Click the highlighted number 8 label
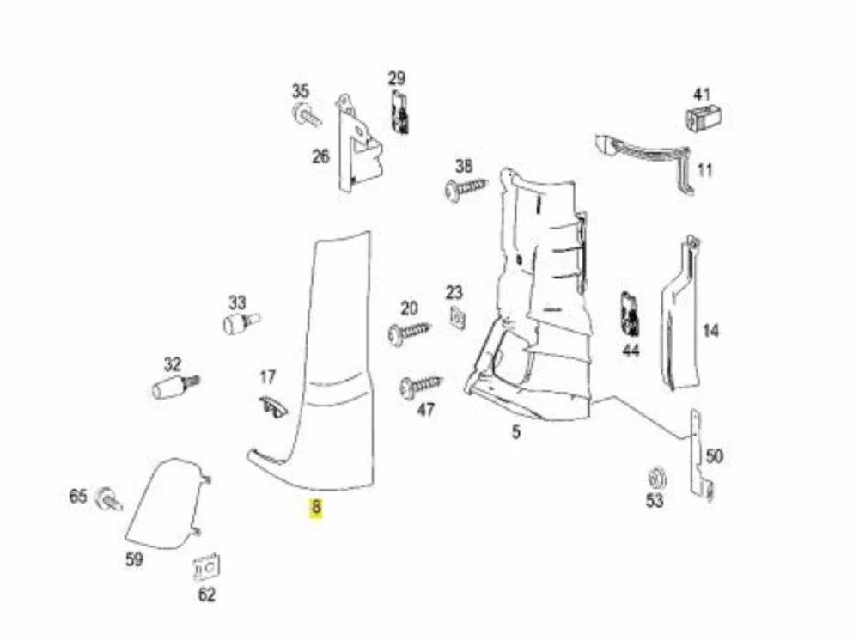315,507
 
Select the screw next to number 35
307,115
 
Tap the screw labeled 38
465,189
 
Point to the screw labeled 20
409,332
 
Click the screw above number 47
420,387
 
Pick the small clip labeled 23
457,318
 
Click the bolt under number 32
175,387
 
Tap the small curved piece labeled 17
272,406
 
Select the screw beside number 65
108,499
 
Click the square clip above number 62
207,568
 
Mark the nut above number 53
655,479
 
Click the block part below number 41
704,117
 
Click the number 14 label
710,331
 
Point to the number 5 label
516,431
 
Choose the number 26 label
320,156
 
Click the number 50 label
715,455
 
